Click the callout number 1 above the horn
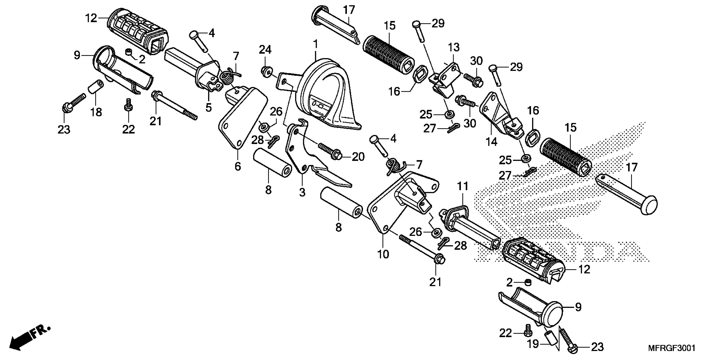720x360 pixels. click(316, 44)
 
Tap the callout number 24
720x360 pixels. click(265, 50)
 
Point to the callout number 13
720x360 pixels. click(454, 47)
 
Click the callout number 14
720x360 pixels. click(491, 142)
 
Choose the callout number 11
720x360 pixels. click(462, 186)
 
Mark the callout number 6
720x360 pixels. click(238, 167)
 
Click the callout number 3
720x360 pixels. click(302, 192)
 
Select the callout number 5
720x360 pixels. click(209, 107)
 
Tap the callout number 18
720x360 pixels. click(96, 112)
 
